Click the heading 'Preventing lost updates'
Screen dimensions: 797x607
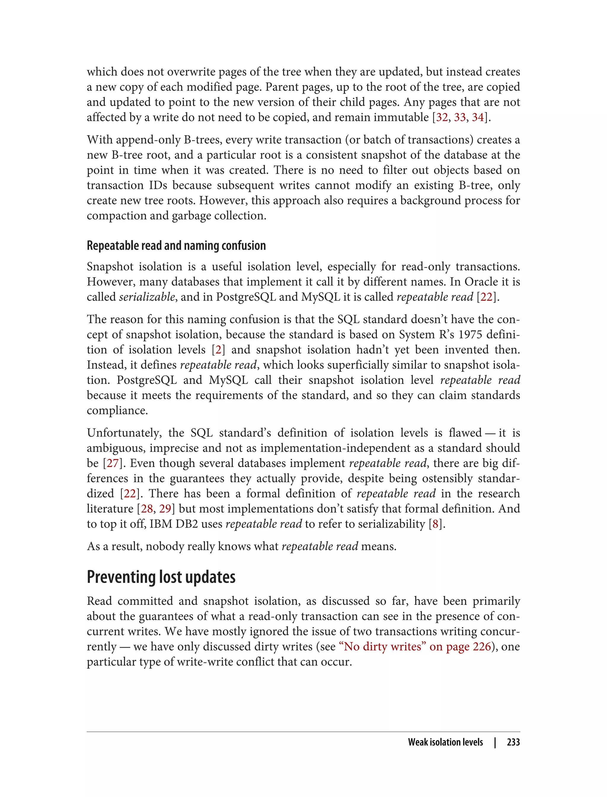(x=161, y=577)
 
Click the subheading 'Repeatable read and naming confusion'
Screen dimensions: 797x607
(x=176, y=246)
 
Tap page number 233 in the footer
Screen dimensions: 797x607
(x=513, y=742)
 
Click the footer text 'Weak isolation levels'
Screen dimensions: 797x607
(x=445, y=742)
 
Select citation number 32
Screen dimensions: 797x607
(x=442, y=117)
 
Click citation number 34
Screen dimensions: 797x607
(x=478, y=117)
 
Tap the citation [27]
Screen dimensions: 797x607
(x=113, y=463)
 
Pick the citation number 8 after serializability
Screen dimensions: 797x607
(x=435, y=524)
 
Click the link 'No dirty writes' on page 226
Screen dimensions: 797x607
(x=416, y=647)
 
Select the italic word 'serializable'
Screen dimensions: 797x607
(x=147, y=297)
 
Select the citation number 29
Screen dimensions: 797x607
(x=165, y=509)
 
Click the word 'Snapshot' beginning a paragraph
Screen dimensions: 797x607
(x=109, y=267)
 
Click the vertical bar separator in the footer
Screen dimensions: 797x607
(x=495, y=742)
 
